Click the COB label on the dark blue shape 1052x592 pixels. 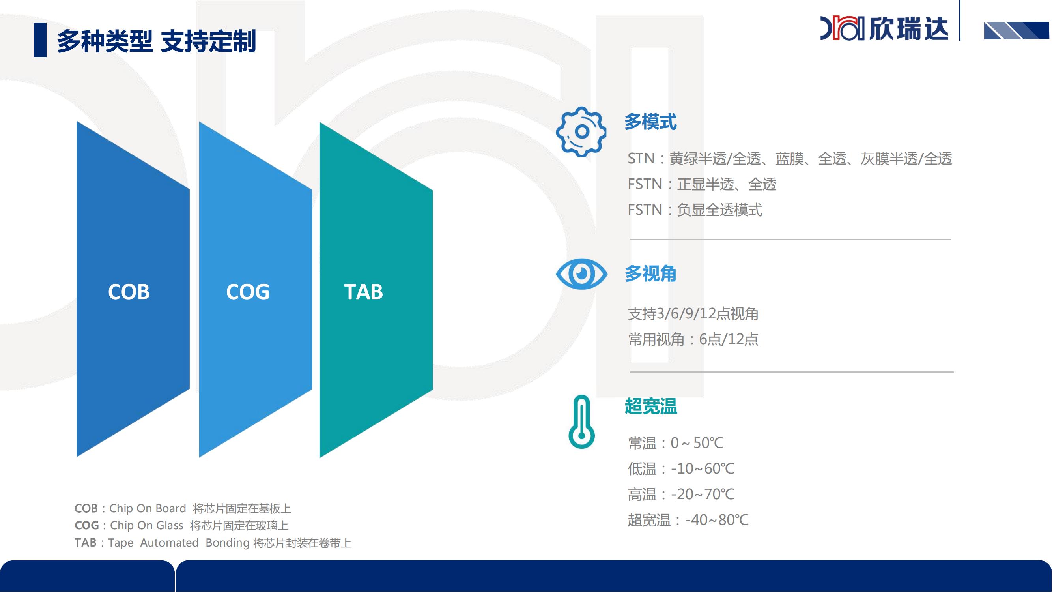point(129,292)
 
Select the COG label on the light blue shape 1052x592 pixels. point(248,292)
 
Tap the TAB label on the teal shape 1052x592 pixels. point(363,292)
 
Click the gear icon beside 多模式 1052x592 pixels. point(581,132)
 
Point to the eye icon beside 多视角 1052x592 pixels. point(581,274)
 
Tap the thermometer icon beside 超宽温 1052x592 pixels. point(581,422)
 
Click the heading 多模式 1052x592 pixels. point(650,122)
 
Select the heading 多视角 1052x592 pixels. point(650,274)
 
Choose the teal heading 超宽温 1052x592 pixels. point(650,406)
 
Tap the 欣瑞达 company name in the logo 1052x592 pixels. point(909,28)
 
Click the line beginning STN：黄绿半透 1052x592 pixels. point(790,159)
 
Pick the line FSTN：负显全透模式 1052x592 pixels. point(695,210)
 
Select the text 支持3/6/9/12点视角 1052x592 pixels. point(693,314)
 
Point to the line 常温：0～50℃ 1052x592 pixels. point(675,443)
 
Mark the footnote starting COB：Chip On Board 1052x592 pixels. point(183,509)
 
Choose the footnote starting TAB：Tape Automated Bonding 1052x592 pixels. point(213,543)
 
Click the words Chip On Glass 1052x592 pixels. point(147,525)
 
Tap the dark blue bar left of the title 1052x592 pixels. point(40,40)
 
